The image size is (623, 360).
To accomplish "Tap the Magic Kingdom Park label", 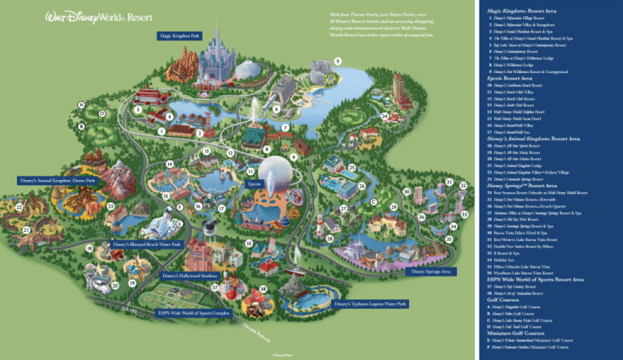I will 180,36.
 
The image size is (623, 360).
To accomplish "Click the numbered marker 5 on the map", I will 338,62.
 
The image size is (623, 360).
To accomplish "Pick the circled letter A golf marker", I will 81,104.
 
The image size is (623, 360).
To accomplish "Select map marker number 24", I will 385,116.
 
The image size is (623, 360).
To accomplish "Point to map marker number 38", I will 263,290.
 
